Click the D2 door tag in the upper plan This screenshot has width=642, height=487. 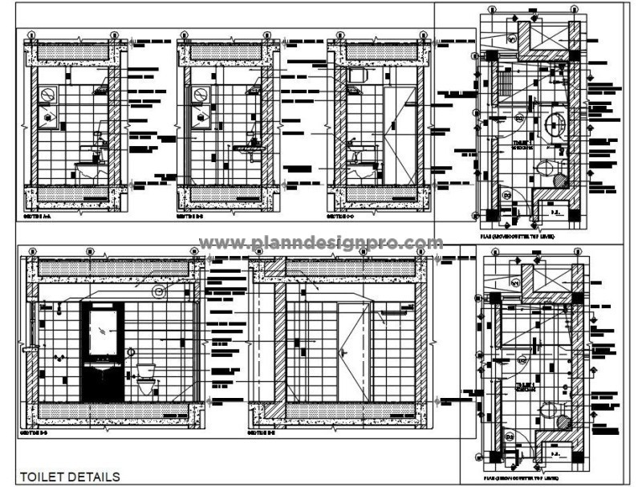519,119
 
